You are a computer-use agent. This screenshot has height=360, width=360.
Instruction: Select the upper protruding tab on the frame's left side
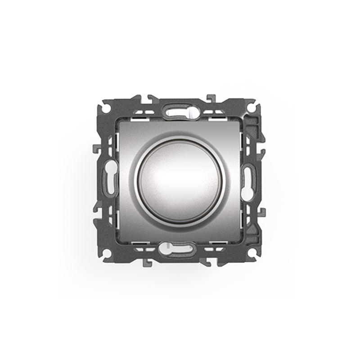pos(95,148)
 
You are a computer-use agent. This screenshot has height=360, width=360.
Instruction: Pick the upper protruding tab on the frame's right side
pos(262,148)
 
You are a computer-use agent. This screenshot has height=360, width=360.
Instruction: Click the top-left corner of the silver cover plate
pos(120,122)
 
